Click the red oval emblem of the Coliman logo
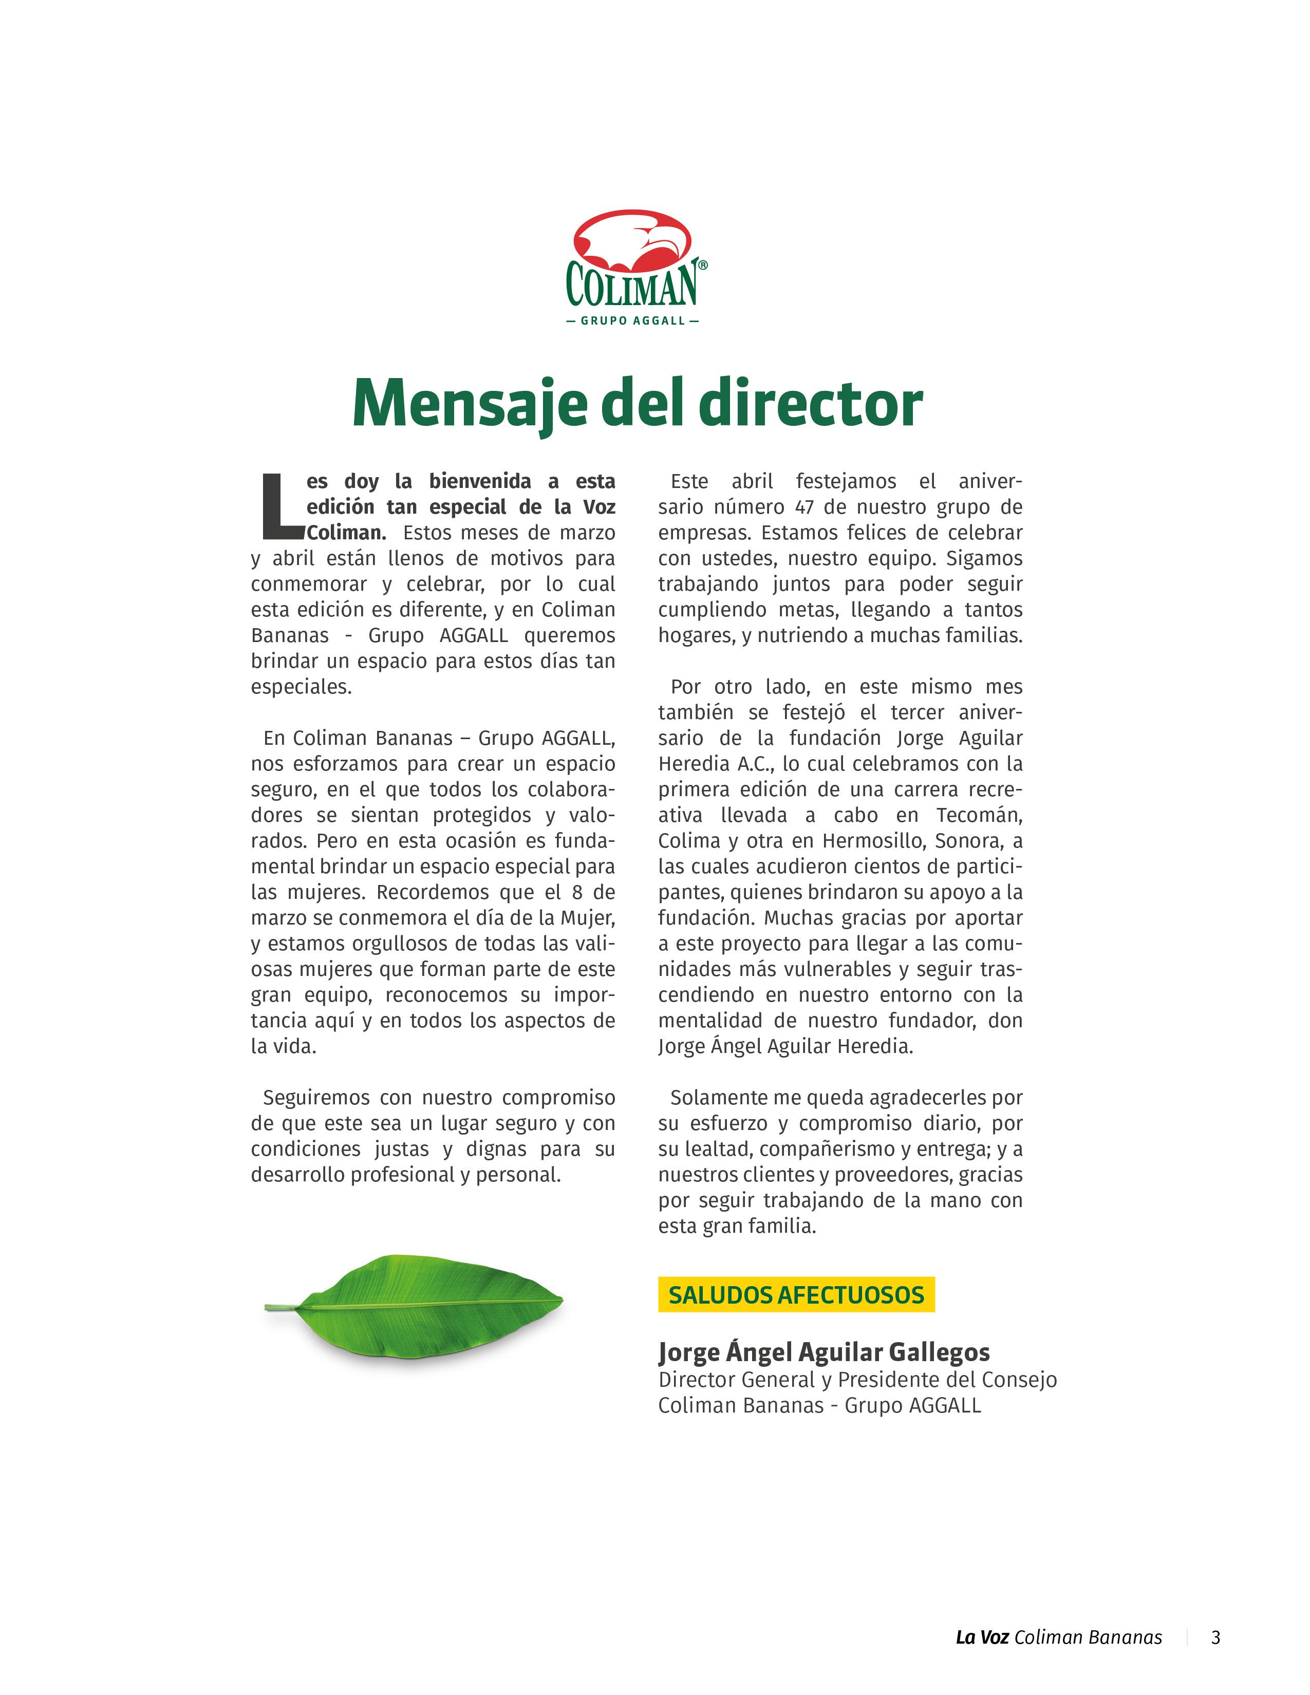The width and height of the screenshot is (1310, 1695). coord(632,236)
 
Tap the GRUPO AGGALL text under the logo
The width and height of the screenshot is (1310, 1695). coord(632,321)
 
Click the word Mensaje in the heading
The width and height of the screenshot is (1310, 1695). coord(469,404)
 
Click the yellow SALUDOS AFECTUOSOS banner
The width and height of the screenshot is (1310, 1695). coord(796,1294)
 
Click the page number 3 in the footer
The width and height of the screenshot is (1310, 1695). coord(1215,1637)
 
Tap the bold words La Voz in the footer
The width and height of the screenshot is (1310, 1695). coord(982,1637)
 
